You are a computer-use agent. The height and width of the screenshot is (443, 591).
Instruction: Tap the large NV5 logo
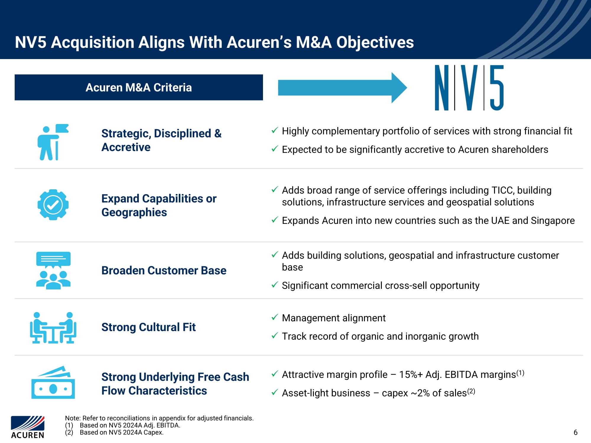click(x=469, y=88)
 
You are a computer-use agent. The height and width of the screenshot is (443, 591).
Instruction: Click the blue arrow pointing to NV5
click(x=342, y=88)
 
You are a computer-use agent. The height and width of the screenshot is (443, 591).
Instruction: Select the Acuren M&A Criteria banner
click(x=139, y=87)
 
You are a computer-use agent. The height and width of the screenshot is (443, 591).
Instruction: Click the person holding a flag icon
click(x=53, y=142)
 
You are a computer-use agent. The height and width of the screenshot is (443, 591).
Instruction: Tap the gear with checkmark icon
click(x=53, y=205)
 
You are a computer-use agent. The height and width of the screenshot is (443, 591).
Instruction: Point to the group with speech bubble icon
click(x=53, y=270)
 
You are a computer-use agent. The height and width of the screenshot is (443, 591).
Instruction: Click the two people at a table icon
click(x=53, y=328)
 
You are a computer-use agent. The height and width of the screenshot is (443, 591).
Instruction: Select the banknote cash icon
click(x=53, y=383)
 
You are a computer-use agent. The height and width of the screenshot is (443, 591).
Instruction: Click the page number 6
click(x=575, y=432)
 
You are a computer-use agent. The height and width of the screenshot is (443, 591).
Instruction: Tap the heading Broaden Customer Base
click(x=164, y=271)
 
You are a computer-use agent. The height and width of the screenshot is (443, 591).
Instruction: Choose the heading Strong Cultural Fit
click(x=148, y=327)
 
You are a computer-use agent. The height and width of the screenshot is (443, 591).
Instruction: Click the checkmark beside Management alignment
click(x=275, y=317)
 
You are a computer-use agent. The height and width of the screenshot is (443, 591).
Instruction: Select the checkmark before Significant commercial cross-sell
click(x=275, y=285)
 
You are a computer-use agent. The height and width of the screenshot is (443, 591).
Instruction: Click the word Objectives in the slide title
click(x=375, y=42)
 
